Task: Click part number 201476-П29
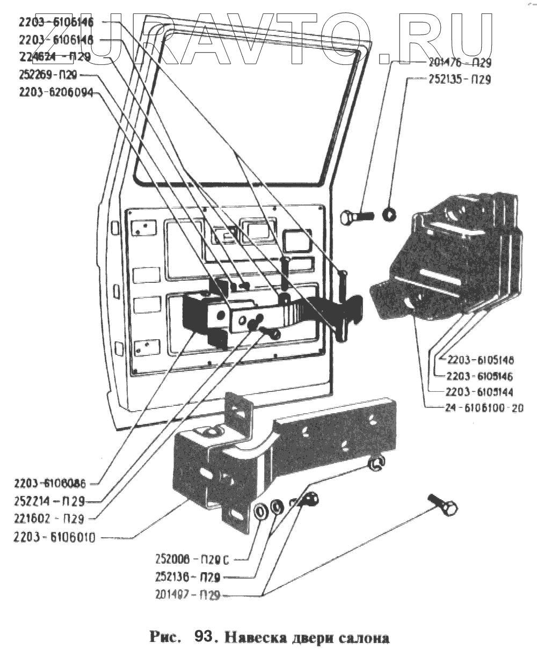[x=460, y=63]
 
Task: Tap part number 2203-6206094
[x=56, y=92]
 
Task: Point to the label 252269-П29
[x=48, y=75]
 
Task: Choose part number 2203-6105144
[x=479, y=391]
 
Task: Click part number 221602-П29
[x=49, y=518]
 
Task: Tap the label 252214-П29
[x=49, y=501]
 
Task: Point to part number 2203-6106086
[x=51, y=482]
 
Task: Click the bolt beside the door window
[x=357, y=217]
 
